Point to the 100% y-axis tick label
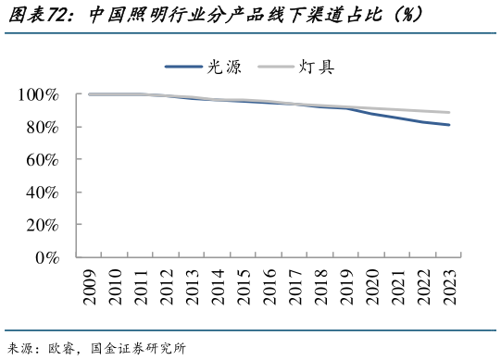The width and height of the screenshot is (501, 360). (38, 95)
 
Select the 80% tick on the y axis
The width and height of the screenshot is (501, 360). (43, 128)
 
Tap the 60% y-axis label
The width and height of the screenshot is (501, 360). (43, 160)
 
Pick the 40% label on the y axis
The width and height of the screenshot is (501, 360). (43, 192)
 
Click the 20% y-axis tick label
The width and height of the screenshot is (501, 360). (43, 225)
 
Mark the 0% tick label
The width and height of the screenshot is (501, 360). (47, 257)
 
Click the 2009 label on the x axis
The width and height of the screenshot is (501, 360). (89, 283)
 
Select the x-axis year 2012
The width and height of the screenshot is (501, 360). (167, 283)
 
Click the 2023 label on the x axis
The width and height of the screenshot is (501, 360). (449, 283)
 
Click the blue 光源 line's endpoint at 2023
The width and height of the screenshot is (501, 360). (449, 125)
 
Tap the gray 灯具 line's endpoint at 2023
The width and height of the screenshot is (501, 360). (449, 112)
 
